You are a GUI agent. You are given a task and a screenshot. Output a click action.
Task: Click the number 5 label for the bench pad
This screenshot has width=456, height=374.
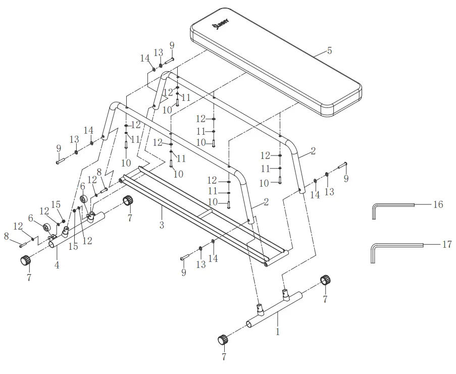329,51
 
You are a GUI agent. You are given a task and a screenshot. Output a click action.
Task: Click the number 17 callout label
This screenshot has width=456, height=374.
446,244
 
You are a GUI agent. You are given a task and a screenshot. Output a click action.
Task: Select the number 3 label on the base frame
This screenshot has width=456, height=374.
162,226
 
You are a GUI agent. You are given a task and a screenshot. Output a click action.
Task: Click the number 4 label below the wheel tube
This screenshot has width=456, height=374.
57,264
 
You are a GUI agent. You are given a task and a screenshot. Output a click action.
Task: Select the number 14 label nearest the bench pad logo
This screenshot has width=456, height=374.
145,58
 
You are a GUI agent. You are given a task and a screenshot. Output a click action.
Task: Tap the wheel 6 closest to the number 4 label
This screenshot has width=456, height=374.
49,227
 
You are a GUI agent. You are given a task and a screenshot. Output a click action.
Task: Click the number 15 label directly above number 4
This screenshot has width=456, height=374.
56,204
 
